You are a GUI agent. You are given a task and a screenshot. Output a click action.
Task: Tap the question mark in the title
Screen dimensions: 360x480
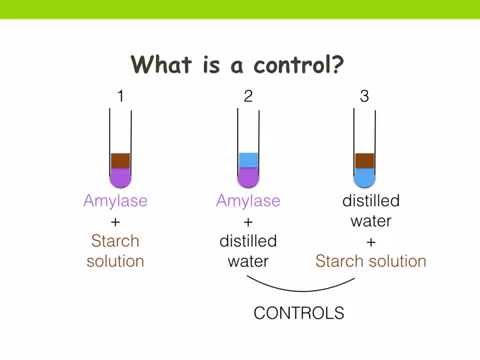tap(340, 65)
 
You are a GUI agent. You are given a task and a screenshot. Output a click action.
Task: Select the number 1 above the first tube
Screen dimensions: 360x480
tap(120, 97)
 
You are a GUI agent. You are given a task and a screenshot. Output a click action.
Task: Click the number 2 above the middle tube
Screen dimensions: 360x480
tap(248, 97)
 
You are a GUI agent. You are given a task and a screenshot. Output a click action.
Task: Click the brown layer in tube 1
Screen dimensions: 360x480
tap(120, 160)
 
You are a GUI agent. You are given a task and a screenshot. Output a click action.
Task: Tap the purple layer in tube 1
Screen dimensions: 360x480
tap(120, 177)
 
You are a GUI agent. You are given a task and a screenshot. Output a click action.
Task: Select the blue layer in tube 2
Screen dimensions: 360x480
tap(248, 160)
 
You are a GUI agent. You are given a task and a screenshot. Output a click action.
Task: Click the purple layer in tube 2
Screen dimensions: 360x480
tap(248, 177)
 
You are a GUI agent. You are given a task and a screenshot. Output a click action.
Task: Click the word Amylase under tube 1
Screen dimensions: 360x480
tap(115, 202)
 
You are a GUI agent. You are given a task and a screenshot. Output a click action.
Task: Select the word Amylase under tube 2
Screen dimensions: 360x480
tap(248, 202)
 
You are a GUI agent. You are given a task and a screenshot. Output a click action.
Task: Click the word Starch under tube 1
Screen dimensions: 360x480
tap(115, 242)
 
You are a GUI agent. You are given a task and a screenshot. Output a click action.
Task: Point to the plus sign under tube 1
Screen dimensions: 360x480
tap(115, 222)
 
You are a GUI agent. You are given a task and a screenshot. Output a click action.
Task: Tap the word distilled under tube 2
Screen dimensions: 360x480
tap(248, 242)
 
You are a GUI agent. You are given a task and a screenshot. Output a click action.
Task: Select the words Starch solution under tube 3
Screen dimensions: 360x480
tap(371, 262)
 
